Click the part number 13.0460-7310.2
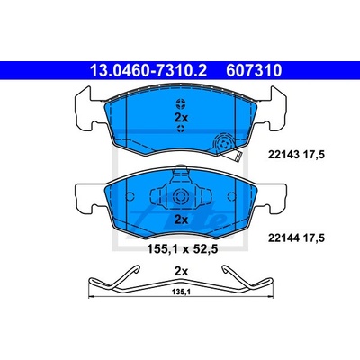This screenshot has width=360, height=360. (x=148, y=71)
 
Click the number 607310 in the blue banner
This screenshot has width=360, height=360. (x=254, y=71)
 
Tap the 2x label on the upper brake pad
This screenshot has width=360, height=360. (x=181, y=118)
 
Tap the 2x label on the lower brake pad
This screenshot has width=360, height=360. (x=181, y=220)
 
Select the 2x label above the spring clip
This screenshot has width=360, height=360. (x=181, y=272)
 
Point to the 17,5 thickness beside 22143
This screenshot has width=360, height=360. (x=314, y=155)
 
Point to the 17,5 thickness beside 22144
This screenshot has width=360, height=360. (x=314, y=238)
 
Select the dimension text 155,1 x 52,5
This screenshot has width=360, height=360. (x=181, y=248)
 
